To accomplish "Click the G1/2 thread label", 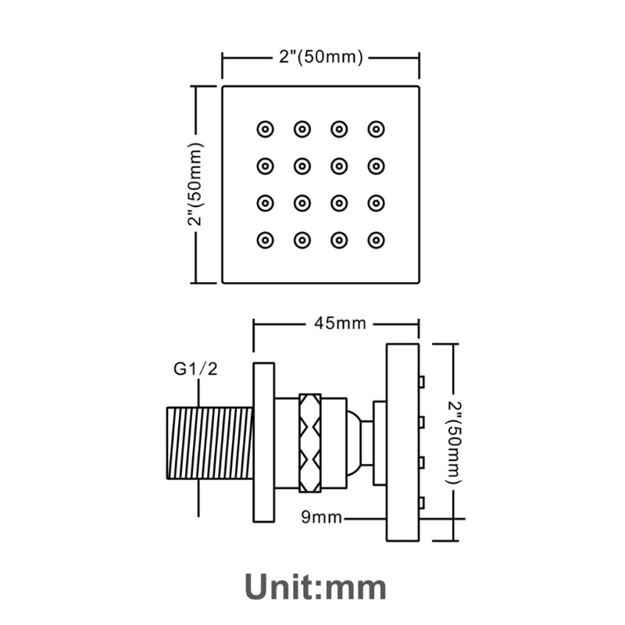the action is pyautogui.click(x=196, y=369).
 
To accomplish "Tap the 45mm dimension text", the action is pyautogui.click(x=340, y=323).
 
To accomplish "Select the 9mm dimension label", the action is pyautogui.click(x=321, y=517).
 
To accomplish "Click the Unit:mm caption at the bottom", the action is pyautogui.click(x=316, y=587).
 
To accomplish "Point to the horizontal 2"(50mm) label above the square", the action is pyautogui.click(x=321, y=57).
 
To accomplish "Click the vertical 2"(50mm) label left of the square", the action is pyautogui.click(x=196, y=184).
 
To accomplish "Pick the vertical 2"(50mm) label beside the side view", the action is pyautogui.click(x=453, y=442).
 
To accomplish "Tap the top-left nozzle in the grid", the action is pyautogui.click(x=265, y=129).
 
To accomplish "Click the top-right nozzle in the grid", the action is pyautogui.click(x=376, y=129).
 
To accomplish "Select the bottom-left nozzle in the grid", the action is pyautogui.click(x=265, y=241).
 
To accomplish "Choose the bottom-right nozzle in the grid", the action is pyautogui.click(x=376, y=241).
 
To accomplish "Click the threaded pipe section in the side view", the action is pyautogui.click(x=209, y=442).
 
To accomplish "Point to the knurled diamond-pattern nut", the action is pyautogui.click(x=310, y=442).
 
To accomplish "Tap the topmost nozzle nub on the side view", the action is pyautogui.click(x=422, y=381).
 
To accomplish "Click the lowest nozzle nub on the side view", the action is pyautogui.click(x=422, y=503).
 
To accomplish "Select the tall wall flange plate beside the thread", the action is pyautogui.click(x=264, y=442).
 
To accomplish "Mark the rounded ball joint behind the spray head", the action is pyautogui.click(x=354, y=442).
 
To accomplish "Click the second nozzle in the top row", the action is pyautogui.click(x=302, y=129).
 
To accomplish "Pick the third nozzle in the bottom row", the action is pyautogui.click(x=339, y=241).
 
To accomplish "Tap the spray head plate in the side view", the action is pyautogui.click(x=402, y=442).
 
